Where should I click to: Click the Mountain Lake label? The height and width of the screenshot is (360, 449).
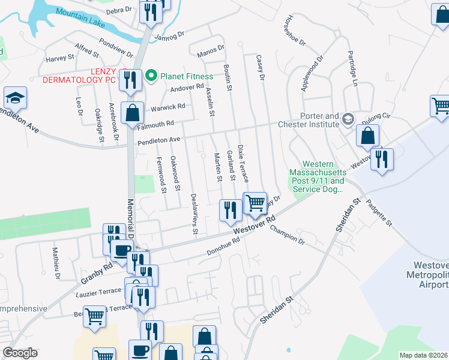(x=80, y=18)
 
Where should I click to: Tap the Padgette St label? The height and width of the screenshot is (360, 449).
(x=381, y=215)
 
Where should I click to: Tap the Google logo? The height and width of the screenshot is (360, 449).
(x=20, y=353)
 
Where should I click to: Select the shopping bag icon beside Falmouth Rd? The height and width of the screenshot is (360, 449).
(x=132, y=112)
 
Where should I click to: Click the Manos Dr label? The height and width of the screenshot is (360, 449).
(x=210, y=55)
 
